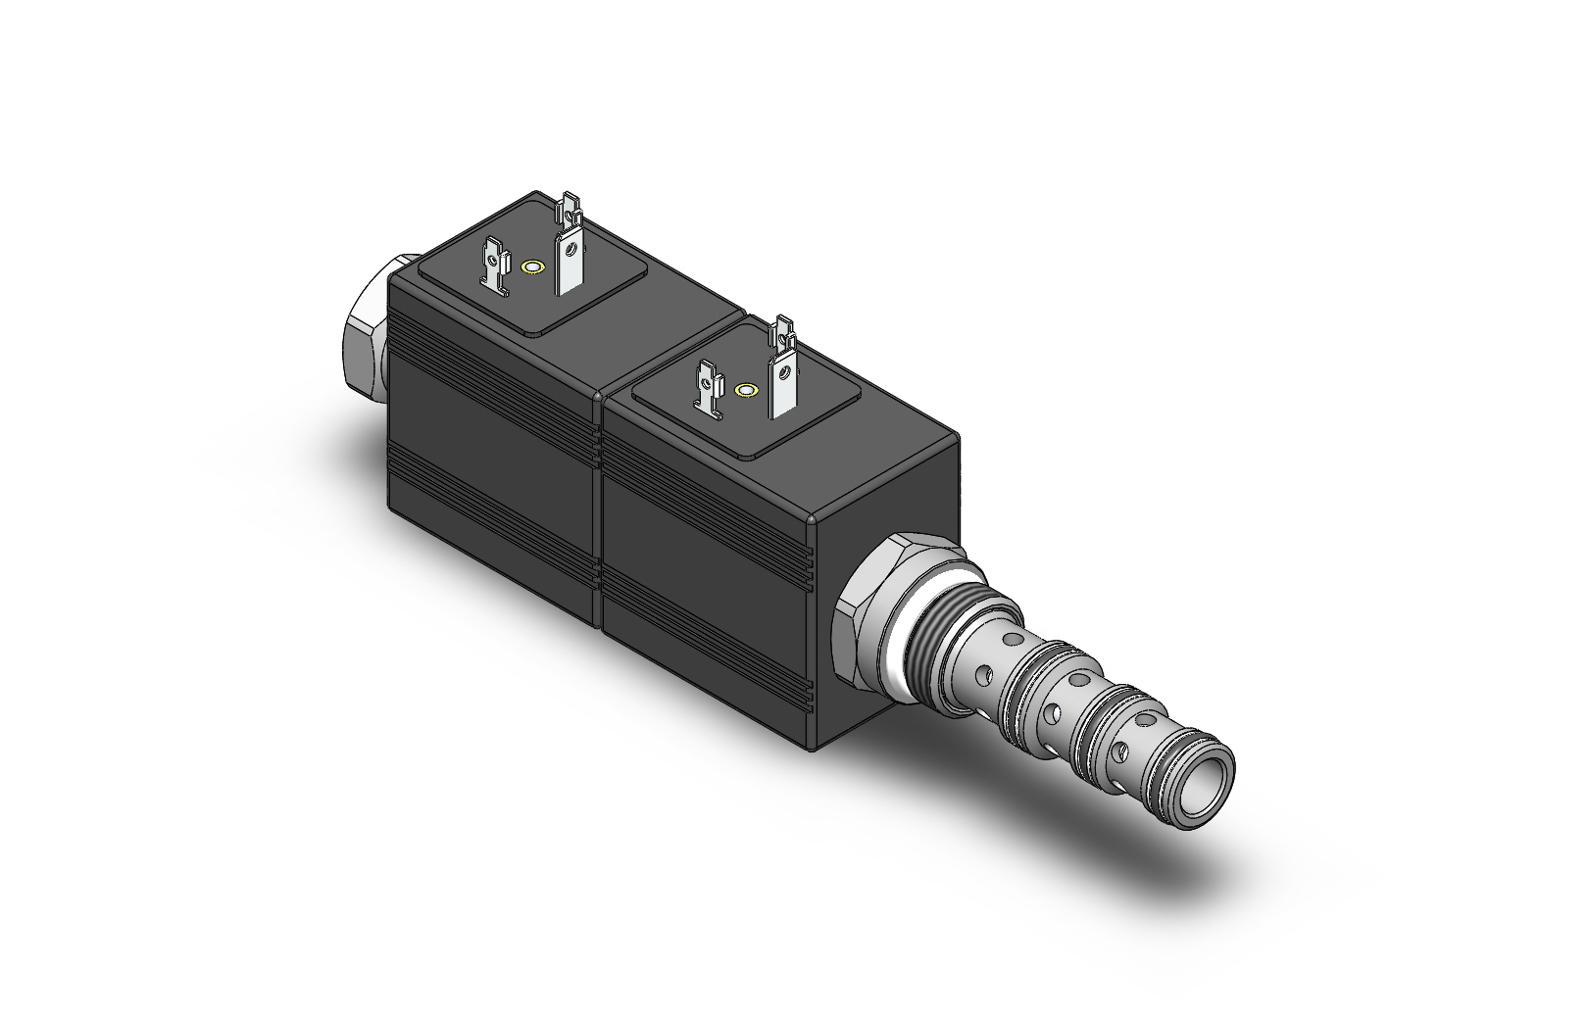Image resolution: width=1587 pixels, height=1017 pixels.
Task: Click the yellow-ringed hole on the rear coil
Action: (533, 266)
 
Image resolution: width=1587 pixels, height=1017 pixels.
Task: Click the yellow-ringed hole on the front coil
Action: (746, 390)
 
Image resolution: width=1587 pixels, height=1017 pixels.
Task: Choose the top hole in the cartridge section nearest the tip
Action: (1143, 718)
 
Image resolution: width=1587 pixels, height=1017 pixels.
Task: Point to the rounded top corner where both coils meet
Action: (600, 397)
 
